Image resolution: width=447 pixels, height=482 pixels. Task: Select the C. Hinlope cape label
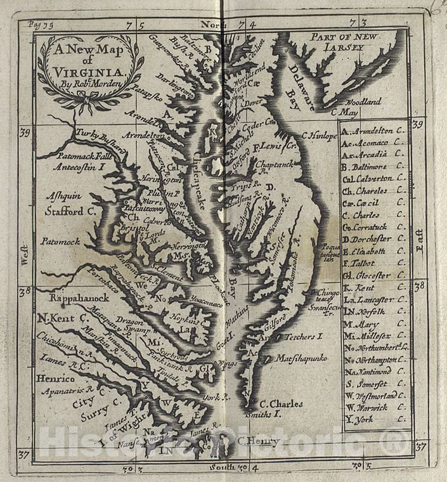tap(320, 135)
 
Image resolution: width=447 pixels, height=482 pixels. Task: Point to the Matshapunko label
tap(301, 358)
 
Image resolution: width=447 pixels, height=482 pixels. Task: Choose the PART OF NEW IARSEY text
tap(346, 42)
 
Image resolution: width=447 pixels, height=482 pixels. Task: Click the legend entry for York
tap(373, 419)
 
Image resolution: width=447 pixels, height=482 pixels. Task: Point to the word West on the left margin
tap(25, 252)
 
